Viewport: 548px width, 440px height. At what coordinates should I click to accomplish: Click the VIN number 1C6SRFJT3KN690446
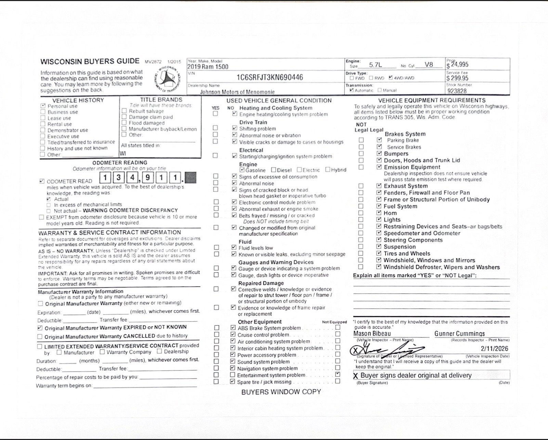[270, 77]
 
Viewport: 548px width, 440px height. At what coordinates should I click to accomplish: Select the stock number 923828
[457, 91]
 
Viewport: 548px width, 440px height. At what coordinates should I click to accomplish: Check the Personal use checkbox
[43, 106]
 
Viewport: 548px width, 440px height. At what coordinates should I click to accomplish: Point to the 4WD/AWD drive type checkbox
[391, 78]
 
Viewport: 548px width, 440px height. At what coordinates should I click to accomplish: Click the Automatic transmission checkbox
[351, 90]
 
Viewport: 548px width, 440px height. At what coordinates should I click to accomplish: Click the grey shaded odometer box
[191, 178]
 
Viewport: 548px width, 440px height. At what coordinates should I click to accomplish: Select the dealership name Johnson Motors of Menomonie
[237, 92]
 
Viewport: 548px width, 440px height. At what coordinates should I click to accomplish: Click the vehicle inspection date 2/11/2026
[494, 349]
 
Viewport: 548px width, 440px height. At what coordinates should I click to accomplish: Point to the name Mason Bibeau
[372, 333]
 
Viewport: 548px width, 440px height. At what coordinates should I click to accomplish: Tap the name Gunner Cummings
[459, 333]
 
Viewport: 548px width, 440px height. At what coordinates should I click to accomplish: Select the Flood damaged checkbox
[124, 123]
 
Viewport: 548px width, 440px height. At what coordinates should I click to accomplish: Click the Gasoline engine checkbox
[242, 170]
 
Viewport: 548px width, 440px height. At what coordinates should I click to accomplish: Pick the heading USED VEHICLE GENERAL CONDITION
[279, 100]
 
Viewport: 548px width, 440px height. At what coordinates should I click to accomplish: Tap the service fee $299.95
[457, 78]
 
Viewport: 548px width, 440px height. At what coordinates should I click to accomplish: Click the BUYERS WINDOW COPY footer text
[281, 392]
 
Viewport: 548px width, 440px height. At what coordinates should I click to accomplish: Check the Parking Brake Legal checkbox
[379, 140]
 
